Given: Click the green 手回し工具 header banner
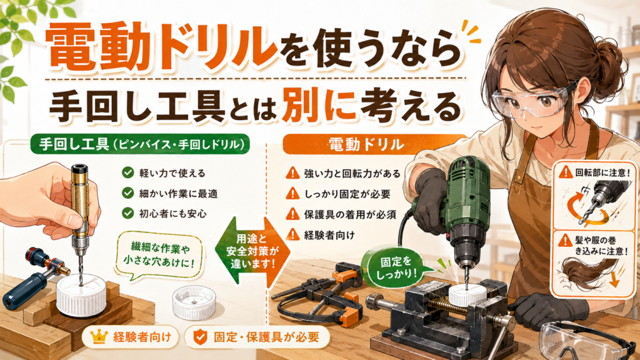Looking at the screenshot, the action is pos(140,144).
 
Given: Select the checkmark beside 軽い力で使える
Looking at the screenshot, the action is pos(127,172).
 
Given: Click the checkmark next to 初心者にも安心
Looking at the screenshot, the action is pos(127,213).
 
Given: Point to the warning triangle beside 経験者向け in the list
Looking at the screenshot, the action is pos(292,235).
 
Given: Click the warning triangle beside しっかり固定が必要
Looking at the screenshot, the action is pos(292,194).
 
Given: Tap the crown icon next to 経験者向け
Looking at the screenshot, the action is pos(99,337).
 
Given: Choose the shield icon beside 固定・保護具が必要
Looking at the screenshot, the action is pos(200,337).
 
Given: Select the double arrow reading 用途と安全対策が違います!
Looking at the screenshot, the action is pos(252,251).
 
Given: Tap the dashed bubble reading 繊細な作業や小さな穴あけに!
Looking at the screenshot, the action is pos(159,254).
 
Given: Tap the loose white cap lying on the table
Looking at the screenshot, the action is pos(194,302).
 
